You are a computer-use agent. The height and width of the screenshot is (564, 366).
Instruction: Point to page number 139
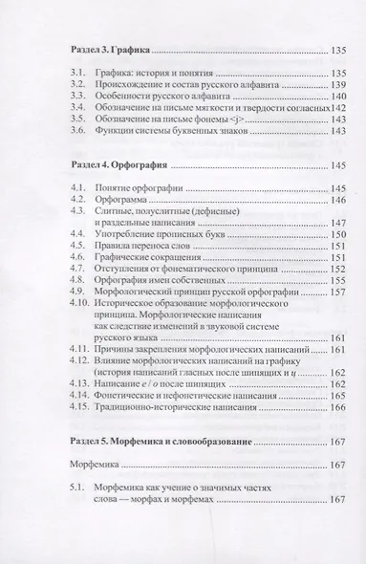(320, 85)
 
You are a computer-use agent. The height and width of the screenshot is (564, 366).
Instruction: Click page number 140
(320, 98)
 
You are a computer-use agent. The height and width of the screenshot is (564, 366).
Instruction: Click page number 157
(320, 314)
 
